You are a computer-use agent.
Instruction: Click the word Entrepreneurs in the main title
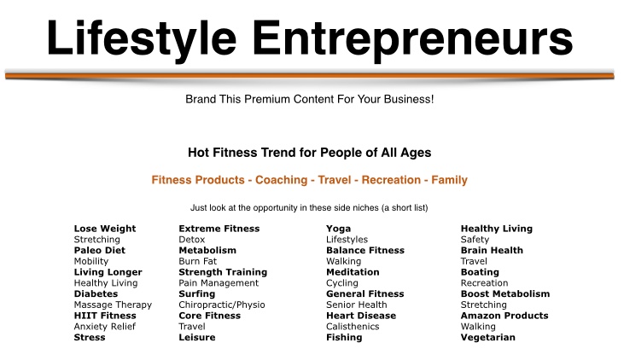[x=412, y=39]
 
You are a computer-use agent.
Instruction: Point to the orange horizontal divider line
[x=310, y=75]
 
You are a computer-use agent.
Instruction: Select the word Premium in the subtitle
[x=267, y=99]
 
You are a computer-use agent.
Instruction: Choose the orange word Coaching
[x=282, y=180]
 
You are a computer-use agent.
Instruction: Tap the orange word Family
[x=449, y=180]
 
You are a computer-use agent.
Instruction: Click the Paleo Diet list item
[x=100, y=250]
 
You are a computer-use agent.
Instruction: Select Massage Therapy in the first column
[x=113, y=305]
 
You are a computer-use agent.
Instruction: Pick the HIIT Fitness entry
[x=105, y=316]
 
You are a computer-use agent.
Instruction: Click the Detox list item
[x=192, y=240]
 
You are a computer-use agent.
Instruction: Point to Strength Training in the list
[x=223, y=272]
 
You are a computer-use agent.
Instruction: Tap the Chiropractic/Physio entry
[x=222, y=305]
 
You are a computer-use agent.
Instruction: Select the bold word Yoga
[x=339, y=229]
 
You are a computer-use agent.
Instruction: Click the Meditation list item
[x=353, y=272]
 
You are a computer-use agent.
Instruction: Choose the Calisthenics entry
[x=353, y=327]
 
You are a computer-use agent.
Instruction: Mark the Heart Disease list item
[x=361, y=316]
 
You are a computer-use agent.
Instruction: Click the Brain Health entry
[x=492, y=250]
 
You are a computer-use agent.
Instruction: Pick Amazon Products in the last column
[x=504, y=316]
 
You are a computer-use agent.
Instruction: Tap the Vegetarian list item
[x=488, y=337]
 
